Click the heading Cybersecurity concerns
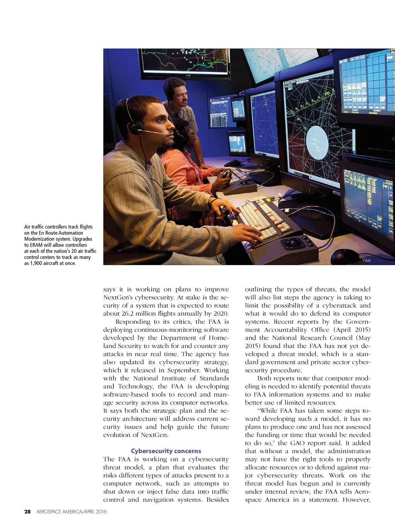pos(166,451)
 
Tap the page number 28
pos(27,512)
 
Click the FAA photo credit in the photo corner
pos(366,261)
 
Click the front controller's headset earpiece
pos(135,127)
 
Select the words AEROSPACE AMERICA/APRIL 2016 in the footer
pos(71,512)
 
